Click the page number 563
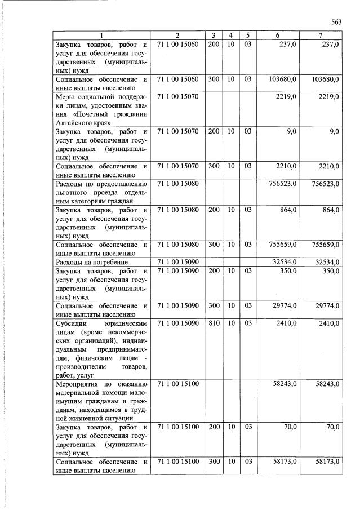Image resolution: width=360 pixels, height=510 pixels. click(x=336, y=22)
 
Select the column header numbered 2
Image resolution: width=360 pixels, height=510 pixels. click(x=177, y=36)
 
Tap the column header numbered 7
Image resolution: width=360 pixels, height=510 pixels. click(x=320, y=36)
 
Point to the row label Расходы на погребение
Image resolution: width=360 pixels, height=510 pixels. click(x=91, y=262)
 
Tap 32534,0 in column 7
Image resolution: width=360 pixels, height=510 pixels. click(x=326, y=262)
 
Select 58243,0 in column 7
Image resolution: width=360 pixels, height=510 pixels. click(x=326, y=384)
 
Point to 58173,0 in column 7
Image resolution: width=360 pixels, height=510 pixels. click(x=326, y=462)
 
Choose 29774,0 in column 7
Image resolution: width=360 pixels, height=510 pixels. click(x=326, y=306)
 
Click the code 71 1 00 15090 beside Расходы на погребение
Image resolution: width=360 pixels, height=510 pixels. click(x=177, y=262)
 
